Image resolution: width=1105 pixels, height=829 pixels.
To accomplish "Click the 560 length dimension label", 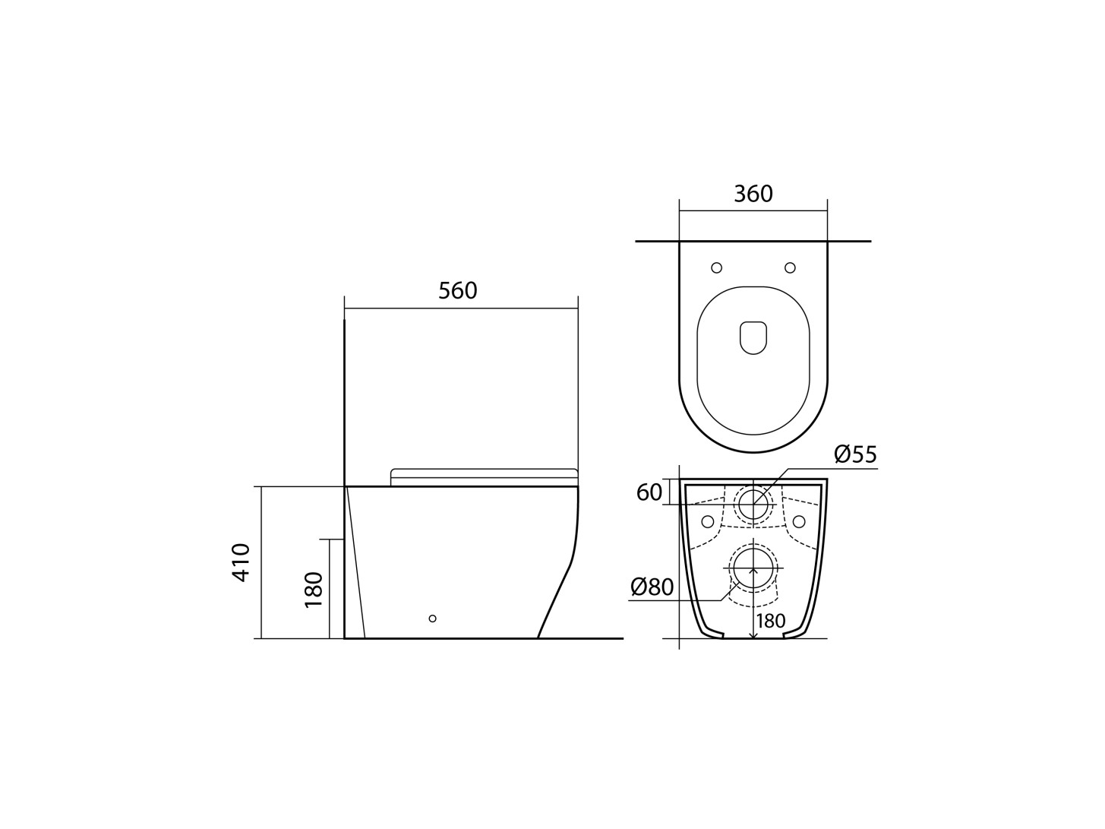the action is [x=457, y=290].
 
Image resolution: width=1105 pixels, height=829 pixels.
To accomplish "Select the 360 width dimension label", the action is [x=753, y=194].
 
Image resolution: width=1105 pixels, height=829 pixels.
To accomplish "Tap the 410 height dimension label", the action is [x=242, y=562].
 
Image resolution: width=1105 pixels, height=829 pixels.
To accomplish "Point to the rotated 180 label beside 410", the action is [x=313, y=590].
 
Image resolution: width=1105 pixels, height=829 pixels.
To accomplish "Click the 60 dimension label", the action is [x=649, y=492].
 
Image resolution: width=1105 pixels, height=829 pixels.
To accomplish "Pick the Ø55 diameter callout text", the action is [x=855, y=454].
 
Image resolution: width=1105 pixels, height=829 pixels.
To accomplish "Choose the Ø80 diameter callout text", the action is [x=652, y=587].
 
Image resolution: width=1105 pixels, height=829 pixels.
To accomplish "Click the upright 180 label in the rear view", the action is [x=771, y=621].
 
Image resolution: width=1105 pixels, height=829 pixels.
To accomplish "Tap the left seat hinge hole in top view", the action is [x=716, y=268].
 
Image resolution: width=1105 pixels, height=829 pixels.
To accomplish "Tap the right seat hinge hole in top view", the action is [x=790, y=268].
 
